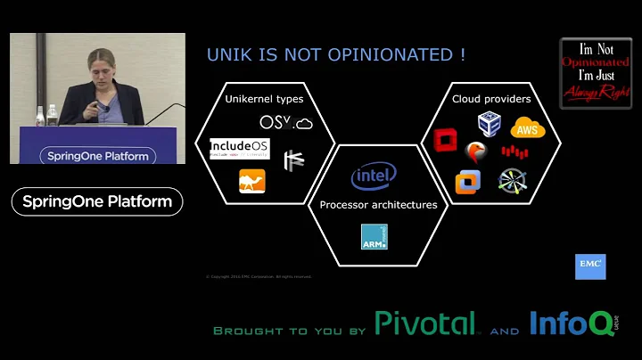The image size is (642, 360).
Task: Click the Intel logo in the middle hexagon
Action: [374, 176]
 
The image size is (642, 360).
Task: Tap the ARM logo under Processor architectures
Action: [374, 237]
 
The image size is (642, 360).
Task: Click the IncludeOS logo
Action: [239, 147]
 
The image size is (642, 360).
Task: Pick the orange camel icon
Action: [252, 181]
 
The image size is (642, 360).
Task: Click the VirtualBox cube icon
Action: [489, 123]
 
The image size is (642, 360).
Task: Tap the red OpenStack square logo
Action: [445, 142]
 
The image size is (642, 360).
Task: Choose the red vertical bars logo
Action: [514, 151]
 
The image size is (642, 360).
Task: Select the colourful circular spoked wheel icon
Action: [513, 181]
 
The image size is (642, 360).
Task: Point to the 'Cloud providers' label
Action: [491, 99]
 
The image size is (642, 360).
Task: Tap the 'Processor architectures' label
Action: [378, 205]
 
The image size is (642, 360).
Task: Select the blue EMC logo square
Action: [590, 266]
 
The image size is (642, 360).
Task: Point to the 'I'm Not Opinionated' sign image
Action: [596, 73]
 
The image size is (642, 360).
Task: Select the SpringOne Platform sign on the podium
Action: [97, 156]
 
